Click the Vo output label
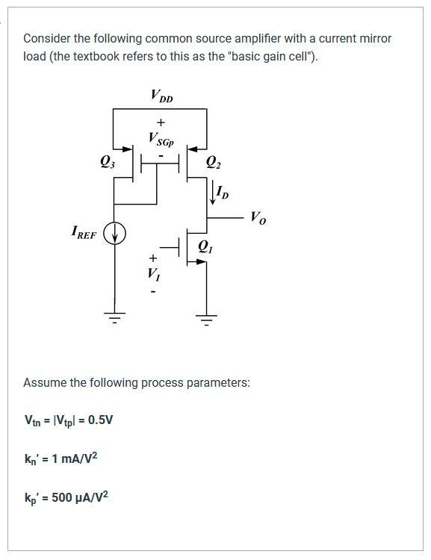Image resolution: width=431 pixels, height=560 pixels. [257, 218]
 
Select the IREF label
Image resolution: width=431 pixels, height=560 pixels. [84, 234]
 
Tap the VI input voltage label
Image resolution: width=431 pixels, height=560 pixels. [152, 274]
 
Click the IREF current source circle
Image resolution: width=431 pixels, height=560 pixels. [114, 235]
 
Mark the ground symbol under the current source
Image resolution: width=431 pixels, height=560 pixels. [114, 320]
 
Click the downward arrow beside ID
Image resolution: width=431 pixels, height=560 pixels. [212, 194]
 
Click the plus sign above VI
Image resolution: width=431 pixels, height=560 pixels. [152, 258]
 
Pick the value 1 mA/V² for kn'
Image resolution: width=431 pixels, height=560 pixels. [74, 458]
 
